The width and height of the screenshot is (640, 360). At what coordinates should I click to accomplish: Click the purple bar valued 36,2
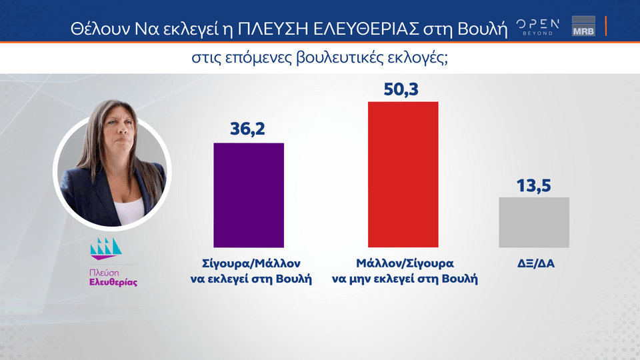(249, 195)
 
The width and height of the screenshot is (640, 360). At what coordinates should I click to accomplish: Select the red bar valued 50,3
(403, 174)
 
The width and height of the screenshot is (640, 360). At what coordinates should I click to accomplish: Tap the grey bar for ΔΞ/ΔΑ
(534, 223)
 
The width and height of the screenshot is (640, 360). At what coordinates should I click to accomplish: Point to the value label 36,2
(247, 129)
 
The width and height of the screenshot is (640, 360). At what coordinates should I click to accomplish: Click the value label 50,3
(401, 89)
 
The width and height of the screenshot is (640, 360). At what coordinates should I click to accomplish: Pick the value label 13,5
(534, 186)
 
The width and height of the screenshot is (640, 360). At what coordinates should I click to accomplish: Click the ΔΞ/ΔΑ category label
(536, 264)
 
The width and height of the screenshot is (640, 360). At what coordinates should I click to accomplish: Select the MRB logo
(584, 26)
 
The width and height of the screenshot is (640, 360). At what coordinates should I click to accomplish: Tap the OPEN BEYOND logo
(538, 27)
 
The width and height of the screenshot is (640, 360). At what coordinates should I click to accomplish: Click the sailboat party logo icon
(106, 249)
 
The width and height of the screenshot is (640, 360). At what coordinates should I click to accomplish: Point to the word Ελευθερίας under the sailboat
(113, 283)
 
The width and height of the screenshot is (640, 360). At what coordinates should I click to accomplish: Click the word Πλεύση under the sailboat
(104, 273)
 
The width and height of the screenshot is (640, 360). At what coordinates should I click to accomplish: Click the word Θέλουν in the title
(101, 29)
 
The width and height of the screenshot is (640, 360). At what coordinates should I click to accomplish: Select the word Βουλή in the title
(483, 29)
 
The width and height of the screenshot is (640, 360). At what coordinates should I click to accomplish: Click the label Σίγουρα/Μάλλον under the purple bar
(251, 264)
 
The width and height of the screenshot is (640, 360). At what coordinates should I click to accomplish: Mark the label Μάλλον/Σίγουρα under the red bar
(405, 264)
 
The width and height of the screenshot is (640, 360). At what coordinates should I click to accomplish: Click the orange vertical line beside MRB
(606, 26)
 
